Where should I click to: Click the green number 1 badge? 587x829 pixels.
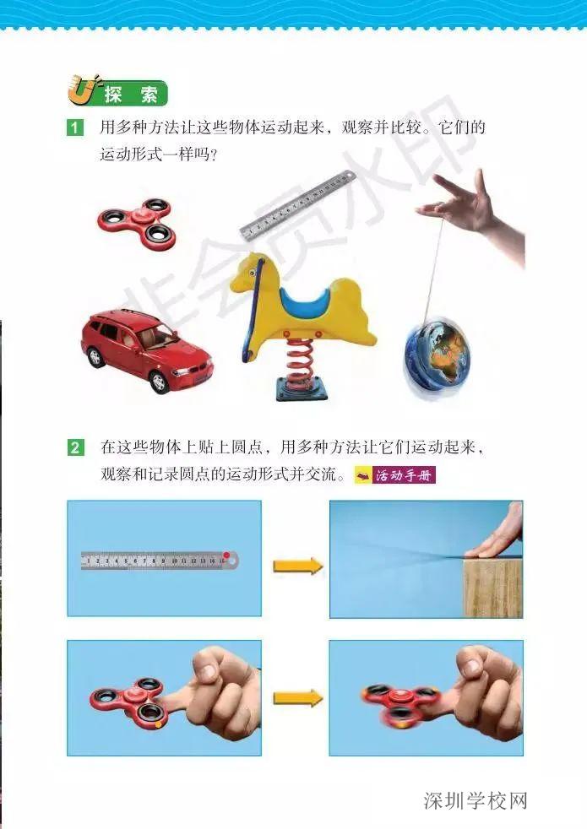[x=76, y=128]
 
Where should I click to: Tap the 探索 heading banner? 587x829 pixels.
[x=117, y=94]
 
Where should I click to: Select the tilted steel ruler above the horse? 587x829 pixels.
[x=297, y=206]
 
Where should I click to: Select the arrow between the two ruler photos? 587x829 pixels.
[x=297, y=566]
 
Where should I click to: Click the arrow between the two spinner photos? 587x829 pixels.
[x=297, y=697]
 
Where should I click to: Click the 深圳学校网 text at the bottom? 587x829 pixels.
[x=476, y=799]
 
